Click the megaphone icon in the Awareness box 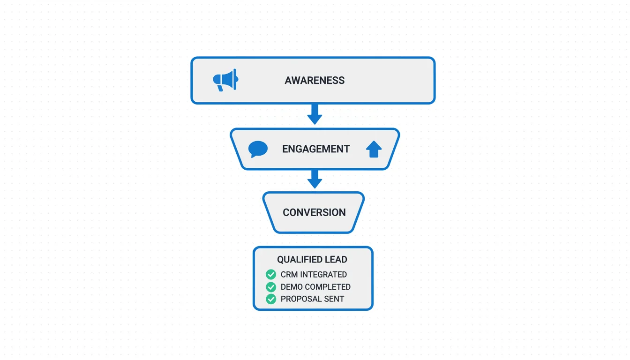pos(225,81)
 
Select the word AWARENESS pos(315,81)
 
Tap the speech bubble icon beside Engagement pos(258,149)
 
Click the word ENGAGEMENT pos(316,149)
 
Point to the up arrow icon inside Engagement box pos(374,150)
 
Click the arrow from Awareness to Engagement pos(315,114)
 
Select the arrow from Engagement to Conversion pos(315,179)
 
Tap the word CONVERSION pos(314,212)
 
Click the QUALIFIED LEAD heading pos(312,260)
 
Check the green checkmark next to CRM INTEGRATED pos(271,275)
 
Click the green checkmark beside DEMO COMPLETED pos(271,287)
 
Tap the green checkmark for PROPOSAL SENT pos(271,299)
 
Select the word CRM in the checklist pos(289,275)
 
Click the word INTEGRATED pos(323,275)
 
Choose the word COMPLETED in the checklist pos(329,287)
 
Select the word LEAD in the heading pos(337,260)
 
